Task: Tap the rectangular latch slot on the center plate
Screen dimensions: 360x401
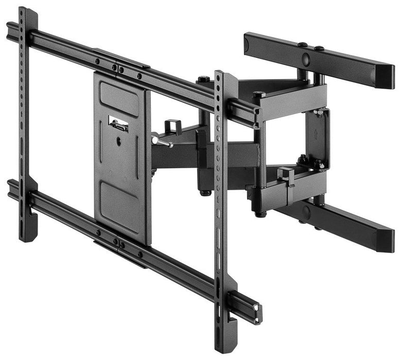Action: point(118,124)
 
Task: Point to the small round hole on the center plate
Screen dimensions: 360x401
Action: point(119,138)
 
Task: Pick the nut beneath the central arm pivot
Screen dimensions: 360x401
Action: point(205,193)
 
